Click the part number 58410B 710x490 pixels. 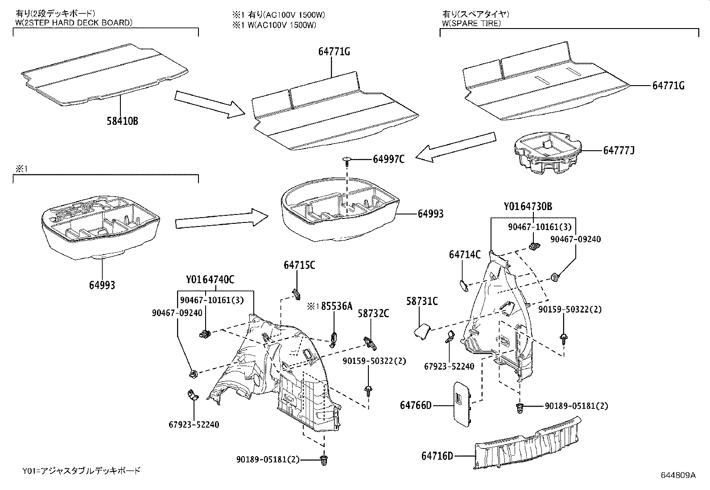(x=122, y=121)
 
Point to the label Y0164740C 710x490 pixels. (x=210, y=280)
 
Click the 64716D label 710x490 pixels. (x=437, y=456)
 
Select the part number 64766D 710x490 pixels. (x=416, y=405)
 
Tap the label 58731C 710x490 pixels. (x=422, y=302)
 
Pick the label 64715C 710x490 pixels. (x=299, y=265)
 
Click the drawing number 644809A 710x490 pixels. (x=678, y=475)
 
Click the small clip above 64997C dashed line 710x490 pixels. (x=347, y=158)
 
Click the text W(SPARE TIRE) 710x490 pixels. (x=471, y=23)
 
